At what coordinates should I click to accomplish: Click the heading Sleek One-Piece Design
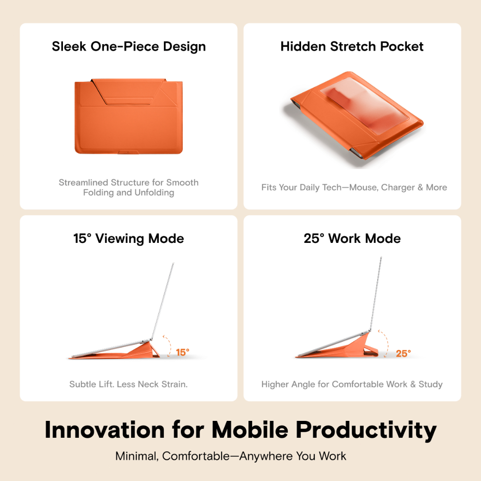tap(129, 47)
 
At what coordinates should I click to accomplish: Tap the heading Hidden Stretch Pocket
tap(352, 47)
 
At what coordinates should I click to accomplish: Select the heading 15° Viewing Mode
tap(129, 239)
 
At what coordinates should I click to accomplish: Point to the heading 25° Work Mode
tap(352, 238)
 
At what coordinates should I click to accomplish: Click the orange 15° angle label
tap(183, 352)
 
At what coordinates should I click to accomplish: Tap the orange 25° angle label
tap(403, 353)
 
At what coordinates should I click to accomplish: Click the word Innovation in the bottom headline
tap(105, 430)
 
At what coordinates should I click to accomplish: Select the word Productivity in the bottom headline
tap(366, 431)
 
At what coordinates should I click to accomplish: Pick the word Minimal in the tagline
tap(137, 457)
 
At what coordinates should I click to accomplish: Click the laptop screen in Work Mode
tap(375, 294)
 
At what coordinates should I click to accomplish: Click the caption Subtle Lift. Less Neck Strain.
tap(129, 384)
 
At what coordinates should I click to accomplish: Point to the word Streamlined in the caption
tap(84, 183)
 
